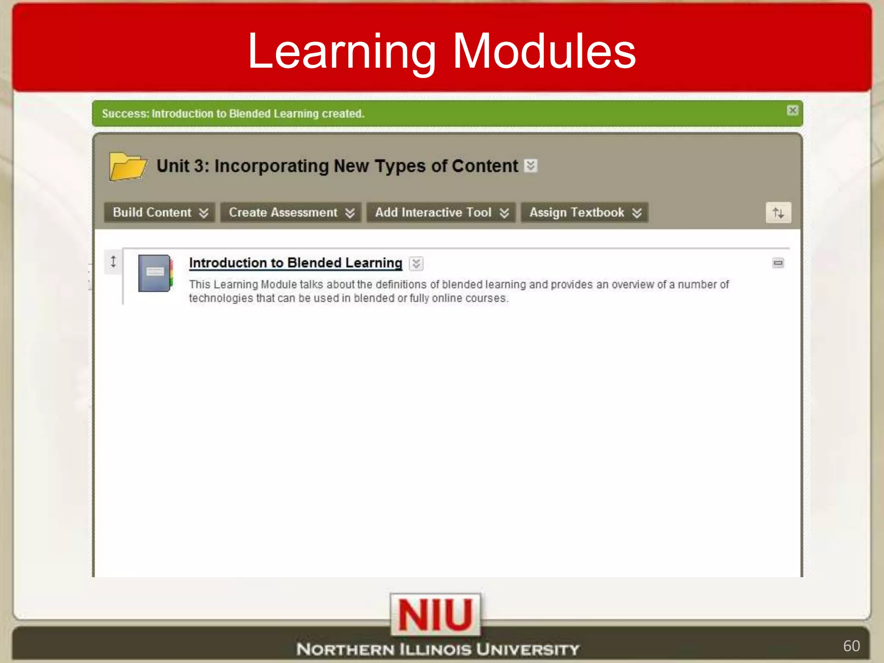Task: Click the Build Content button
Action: pyautogui.click(x=159, y=212)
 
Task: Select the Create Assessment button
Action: pyautogui.click(x=291, y=212)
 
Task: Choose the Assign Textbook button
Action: pyautogui.click(x=584, y=212)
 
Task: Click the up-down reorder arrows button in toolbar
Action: pyautogui.click(x=778, y=212)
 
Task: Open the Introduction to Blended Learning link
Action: pyautogui.click(x=295, y=262)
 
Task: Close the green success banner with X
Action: pyautogui.click(x=792, y=110)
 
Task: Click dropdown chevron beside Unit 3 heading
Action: pyautogui.click(x=531, y=165)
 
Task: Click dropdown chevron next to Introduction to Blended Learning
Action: pyautogui.click(x=416, y=263)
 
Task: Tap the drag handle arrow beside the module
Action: pyautogui.click(x=113, y=262)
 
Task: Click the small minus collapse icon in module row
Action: pyautogui.click(x=778, y=263)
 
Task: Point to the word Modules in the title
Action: pyautogui.click(x=544, y=52)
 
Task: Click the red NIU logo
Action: pyautogui.click(x=435, y=615)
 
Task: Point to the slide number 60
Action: pyautogui.click(x=851, y=646)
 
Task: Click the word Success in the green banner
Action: pyautogui.click(x=125, y=114)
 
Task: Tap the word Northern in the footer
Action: pyautogui.click(x=345, y=649)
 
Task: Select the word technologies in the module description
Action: pyautogui.click(x=221, y=298)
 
